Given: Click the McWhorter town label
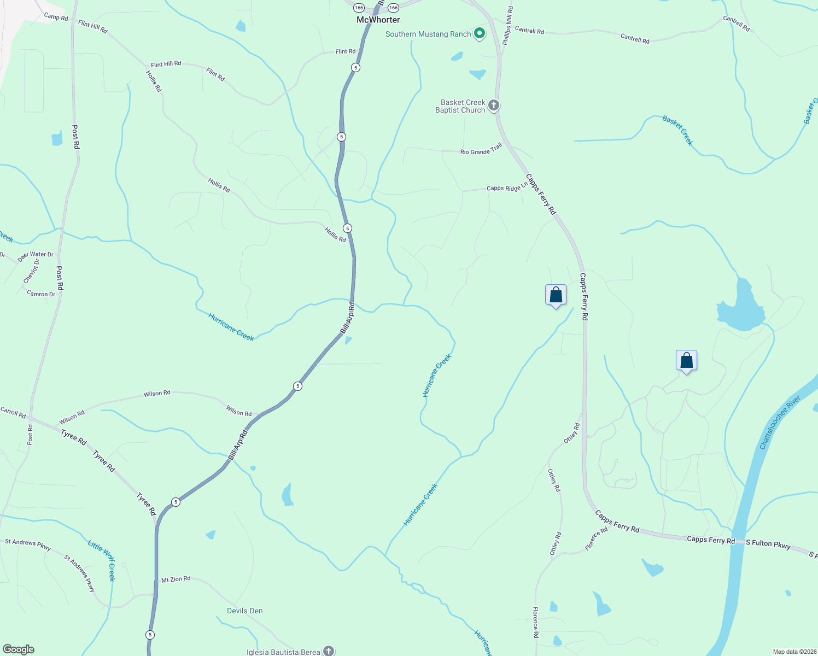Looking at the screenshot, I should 378,20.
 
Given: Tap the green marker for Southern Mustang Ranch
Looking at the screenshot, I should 480,34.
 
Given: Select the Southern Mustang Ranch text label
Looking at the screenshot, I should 428,34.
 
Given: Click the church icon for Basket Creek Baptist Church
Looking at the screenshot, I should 494,105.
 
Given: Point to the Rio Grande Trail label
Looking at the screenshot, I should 481,149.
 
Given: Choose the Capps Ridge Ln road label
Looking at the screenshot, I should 507,187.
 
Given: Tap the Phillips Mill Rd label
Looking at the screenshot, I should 508,26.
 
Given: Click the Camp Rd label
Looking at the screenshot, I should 56,17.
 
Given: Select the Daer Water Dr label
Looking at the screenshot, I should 36,255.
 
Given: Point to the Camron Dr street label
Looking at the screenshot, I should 41,294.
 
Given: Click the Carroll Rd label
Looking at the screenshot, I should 13,412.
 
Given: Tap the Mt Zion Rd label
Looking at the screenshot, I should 176,579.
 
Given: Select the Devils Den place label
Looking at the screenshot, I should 245,611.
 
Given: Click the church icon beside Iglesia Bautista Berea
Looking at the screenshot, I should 328,651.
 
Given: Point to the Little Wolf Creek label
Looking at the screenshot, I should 102,560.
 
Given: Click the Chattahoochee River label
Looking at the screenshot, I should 780,423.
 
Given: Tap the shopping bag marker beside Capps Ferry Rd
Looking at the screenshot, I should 556,295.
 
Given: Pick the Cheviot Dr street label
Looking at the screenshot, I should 31,271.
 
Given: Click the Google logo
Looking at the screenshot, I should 18,649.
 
